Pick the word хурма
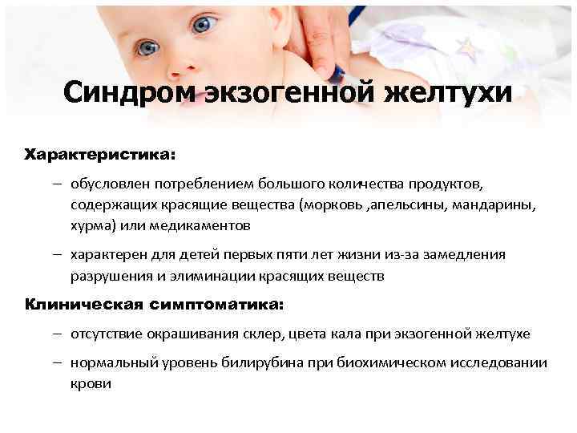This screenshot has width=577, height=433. pyautogui.click(x=91, y=225)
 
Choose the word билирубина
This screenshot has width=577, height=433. pyautogui.click(x=265, y=362)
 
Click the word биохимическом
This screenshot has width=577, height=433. pyautogui.click(x=387, y=362)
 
